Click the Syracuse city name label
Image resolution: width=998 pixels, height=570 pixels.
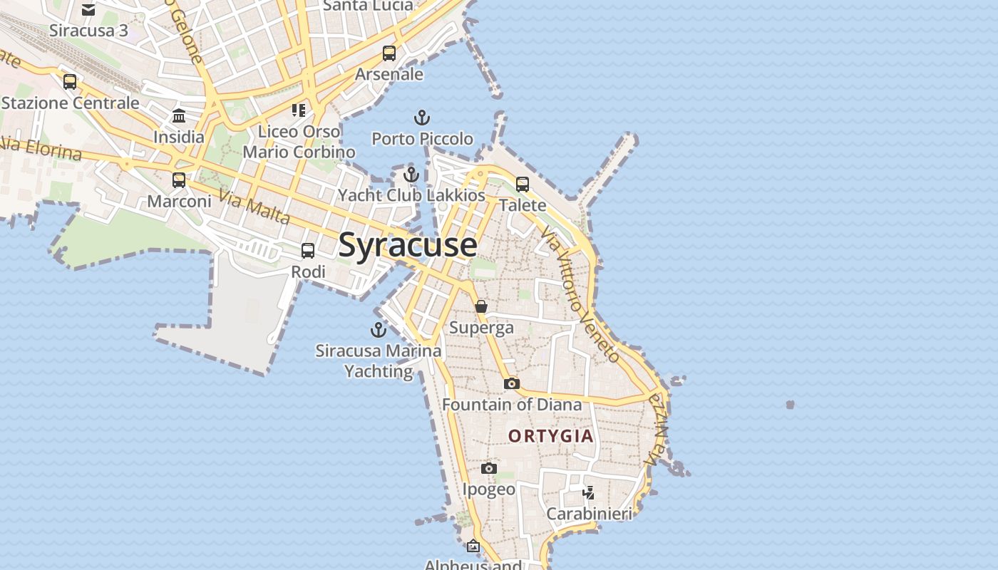coord(408,244)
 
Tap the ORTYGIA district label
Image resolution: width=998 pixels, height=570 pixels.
coord(550,436)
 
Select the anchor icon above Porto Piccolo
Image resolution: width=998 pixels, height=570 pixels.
coord(422,118)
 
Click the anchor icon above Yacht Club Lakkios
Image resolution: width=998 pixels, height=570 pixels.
coord(411,175)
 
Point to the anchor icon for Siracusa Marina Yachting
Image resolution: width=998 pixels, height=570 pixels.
coord(378,330)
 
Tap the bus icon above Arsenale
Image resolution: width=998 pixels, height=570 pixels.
coord(389,53)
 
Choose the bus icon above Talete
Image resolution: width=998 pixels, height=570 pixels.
coord(523,185)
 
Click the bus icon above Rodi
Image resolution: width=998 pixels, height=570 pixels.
coord(308,251)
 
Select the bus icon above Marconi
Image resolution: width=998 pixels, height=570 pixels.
coord(179,180)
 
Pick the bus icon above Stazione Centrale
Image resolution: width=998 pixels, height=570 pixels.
coord(70,82)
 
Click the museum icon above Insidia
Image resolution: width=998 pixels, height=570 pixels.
coord(179,115)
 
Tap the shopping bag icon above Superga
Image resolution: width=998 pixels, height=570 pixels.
coord(481,306)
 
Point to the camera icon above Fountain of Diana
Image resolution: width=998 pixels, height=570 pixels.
coord(511,384)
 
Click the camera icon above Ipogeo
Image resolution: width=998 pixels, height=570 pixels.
coord(488,468)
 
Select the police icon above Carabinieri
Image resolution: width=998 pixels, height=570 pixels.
coord(589,492)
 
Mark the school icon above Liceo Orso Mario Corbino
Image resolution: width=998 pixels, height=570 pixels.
coord(299,110)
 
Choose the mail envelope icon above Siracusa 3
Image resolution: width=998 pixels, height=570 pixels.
coord(88,10)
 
